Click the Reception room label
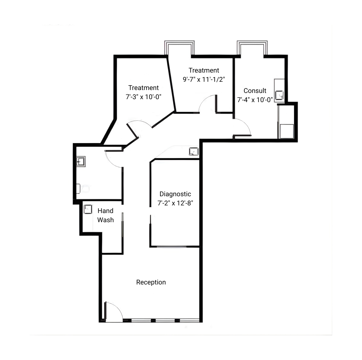[151, 282]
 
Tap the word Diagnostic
[175, 194]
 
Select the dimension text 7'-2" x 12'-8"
[175, 203]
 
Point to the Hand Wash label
[105, 215]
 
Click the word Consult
[255, 91]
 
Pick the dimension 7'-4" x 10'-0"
[255, 100]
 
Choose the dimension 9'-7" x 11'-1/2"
[204, 79]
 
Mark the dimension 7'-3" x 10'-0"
[144, 97]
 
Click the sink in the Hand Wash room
[88, 209]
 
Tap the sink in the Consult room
[279, 95]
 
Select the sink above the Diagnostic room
[194, 151]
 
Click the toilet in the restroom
[82, 189]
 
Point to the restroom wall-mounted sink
[81, 161]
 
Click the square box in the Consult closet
[287, 131]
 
